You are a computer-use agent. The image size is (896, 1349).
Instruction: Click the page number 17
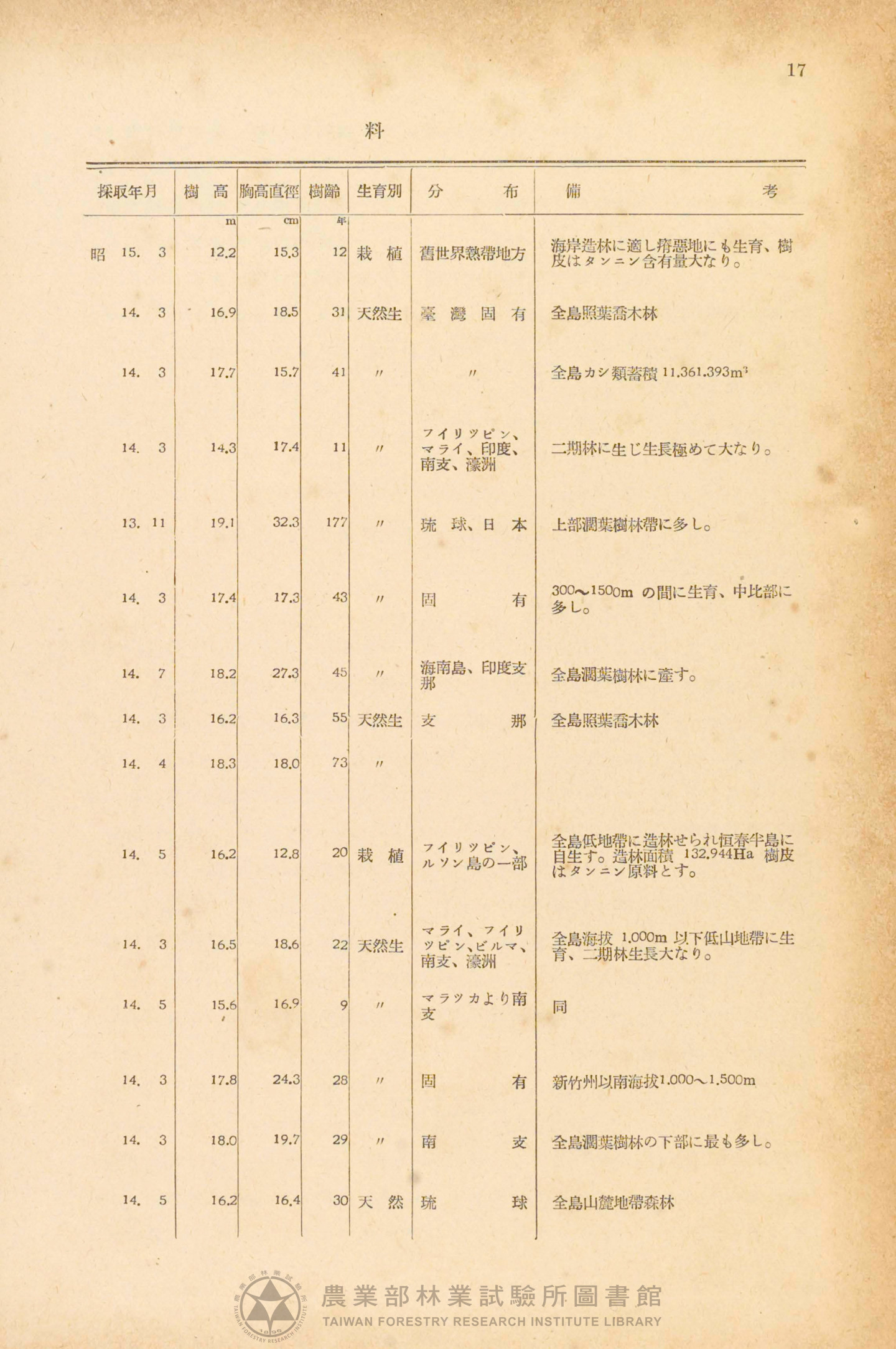coord(796,70)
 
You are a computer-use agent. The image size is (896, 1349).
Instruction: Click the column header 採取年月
coord(128,192)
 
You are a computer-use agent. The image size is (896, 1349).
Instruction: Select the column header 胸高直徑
coord(269,192)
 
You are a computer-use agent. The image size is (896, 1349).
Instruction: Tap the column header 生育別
coord(379,191)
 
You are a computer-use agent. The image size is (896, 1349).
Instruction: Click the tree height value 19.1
coord(222,523)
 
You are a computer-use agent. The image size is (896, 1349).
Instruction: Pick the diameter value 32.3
coord(286,522)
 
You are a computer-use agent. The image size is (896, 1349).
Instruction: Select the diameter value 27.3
coord(286,673)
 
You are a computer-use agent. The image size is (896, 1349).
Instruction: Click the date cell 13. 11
coord(144,523)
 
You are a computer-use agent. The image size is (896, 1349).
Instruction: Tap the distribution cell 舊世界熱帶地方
coord(472,254)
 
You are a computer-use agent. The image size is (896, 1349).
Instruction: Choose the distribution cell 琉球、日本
coord(474,525)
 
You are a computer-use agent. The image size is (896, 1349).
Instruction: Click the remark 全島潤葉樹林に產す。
coord(623,675)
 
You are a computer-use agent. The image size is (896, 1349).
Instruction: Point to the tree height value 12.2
coord(223,253)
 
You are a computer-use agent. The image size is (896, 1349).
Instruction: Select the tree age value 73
coord(340,763)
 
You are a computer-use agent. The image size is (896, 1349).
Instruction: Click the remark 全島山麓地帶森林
coord(613,1202)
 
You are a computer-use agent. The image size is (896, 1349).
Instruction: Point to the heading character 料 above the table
coord(374,132)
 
